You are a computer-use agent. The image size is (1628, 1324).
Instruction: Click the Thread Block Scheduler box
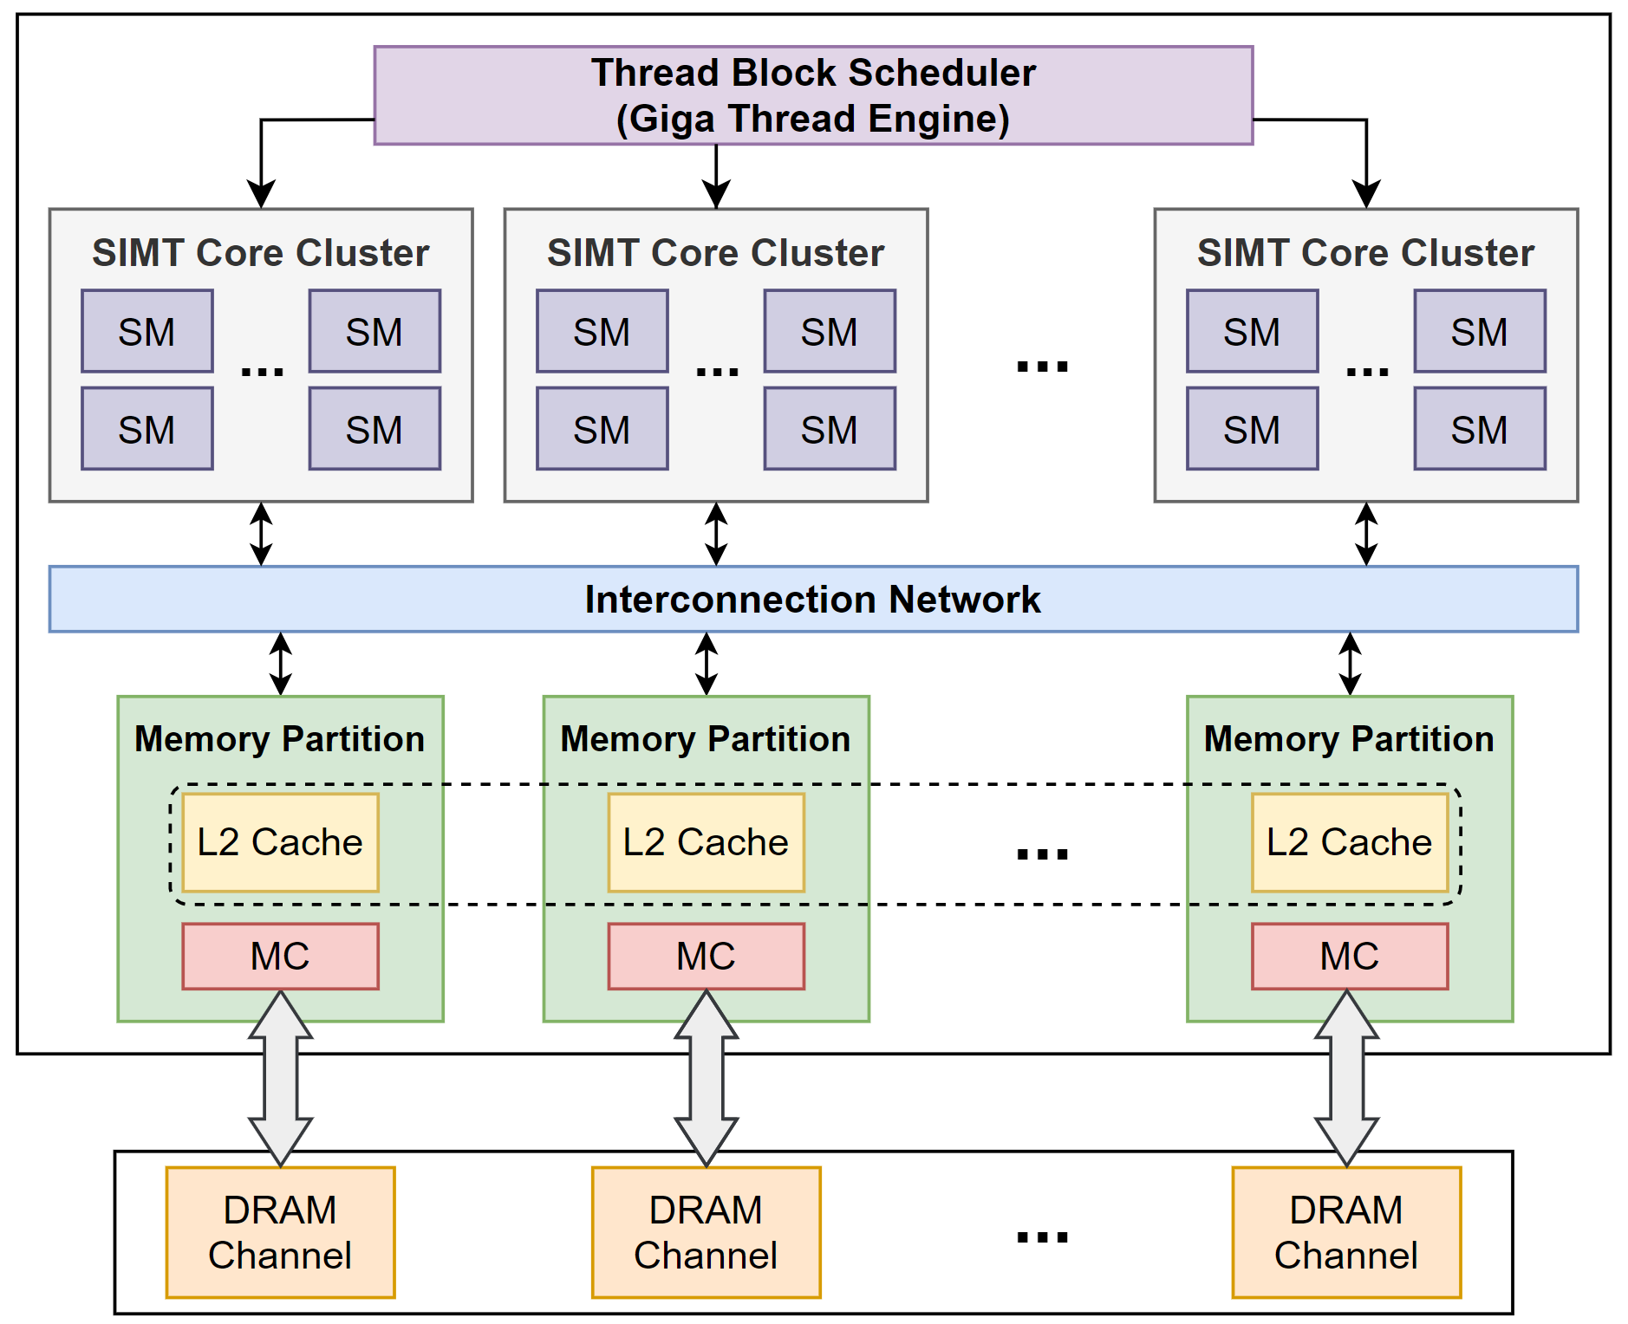point(813,95)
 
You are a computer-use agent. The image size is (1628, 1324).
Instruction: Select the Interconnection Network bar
point(813,599)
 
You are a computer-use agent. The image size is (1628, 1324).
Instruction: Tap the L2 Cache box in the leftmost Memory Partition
point(280,842)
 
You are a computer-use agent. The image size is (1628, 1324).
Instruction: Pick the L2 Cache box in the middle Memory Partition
point(706,842)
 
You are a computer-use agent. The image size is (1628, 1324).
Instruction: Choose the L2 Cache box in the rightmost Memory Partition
point(1350,842)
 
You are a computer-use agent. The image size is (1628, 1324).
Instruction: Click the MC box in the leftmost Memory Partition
point(280,956)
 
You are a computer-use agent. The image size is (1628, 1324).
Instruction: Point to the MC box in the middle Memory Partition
point(706,956)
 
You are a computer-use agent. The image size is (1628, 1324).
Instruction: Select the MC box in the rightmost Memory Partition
point(1350,956)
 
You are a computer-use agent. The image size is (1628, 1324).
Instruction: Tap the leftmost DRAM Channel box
point(280,1232)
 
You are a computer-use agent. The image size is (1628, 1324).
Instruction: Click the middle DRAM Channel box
point(706,1232)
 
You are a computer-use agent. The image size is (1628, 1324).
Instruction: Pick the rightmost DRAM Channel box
point(1346,1232)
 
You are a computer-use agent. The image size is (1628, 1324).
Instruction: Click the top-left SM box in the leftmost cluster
point(147,331)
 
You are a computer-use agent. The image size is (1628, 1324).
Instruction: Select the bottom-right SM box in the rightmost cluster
point(1480,429)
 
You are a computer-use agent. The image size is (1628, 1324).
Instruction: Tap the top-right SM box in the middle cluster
point(830,331)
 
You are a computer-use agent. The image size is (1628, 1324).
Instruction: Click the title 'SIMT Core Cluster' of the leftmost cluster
point(261,253)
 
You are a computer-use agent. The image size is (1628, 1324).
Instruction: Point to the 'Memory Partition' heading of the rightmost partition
point(1350,740)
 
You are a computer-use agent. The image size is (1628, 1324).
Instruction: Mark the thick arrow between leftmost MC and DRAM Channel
point(280,1079)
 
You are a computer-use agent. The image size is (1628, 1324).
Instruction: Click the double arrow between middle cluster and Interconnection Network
point(716,534)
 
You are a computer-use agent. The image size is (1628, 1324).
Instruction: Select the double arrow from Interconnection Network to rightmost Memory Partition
point(1350,664)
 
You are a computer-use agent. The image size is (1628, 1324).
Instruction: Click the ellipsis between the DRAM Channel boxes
point(1042,1236)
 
